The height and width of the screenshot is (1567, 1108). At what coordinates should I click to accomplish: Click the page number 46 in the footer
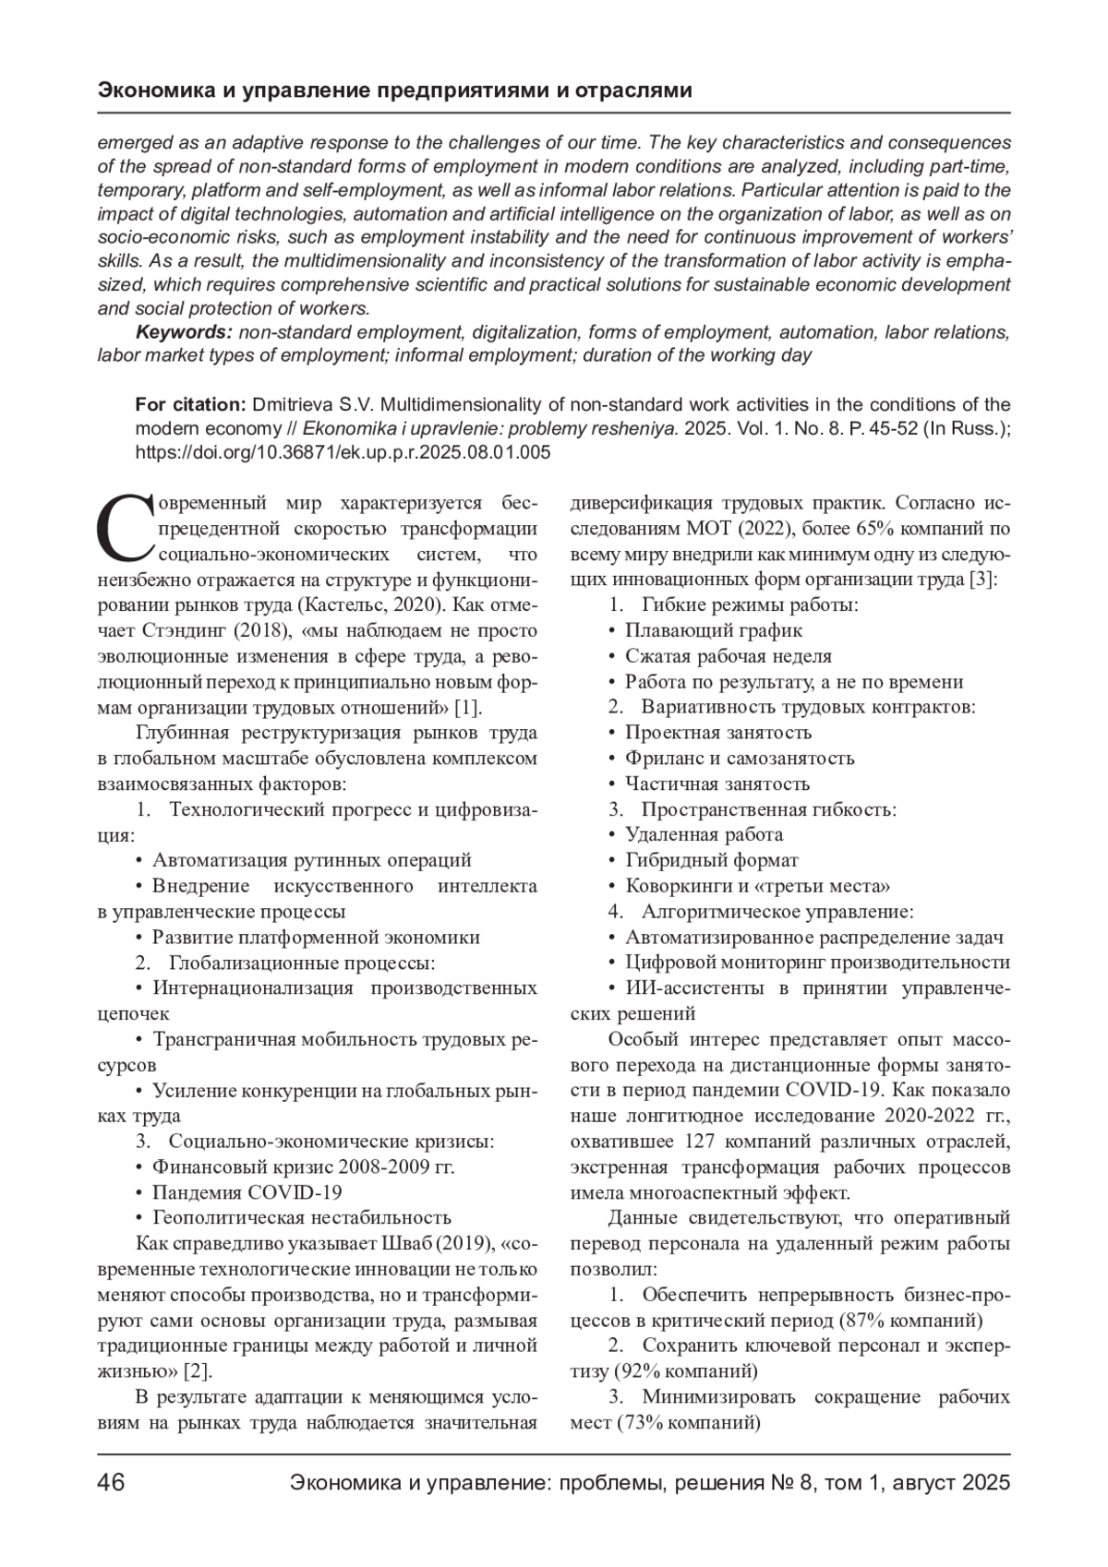[x=112, y=1484]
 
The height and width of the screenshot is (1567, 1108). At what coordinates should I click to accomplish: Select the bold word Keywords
[x=182, y=332]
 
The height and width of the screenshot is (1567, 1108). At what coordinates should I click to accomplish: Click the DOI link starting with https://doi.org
[x=343, y=452]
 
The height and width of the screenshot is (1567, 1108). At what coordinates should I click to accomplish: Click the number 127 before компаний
[x=699, y=1141]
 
